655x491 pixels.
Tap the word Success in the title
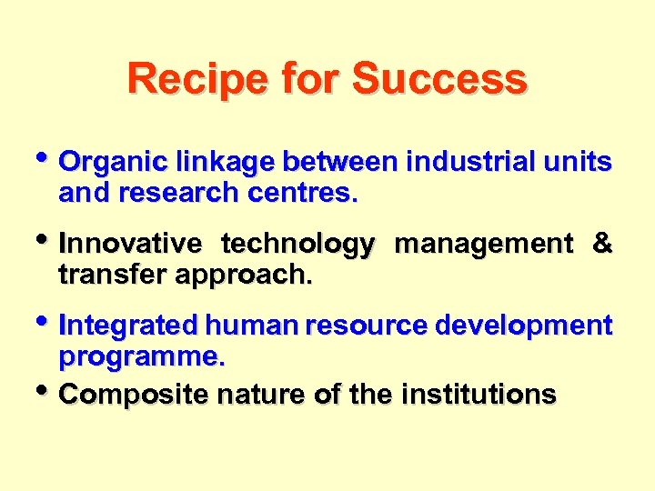tap(439, 79)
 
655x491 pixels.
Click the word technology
tap(297, 244)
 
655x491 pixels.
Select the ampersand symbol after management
tap(601, 244)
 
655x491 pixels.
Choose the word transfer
tap(108, 275)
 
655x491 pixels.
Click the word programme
tap(140, 356)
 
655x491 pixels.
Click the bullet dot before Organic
tap(47, 160)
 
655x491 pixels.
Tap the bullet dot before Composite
tap(47, 391)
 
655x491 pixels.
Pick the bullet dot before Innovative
tap(47, 241)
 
